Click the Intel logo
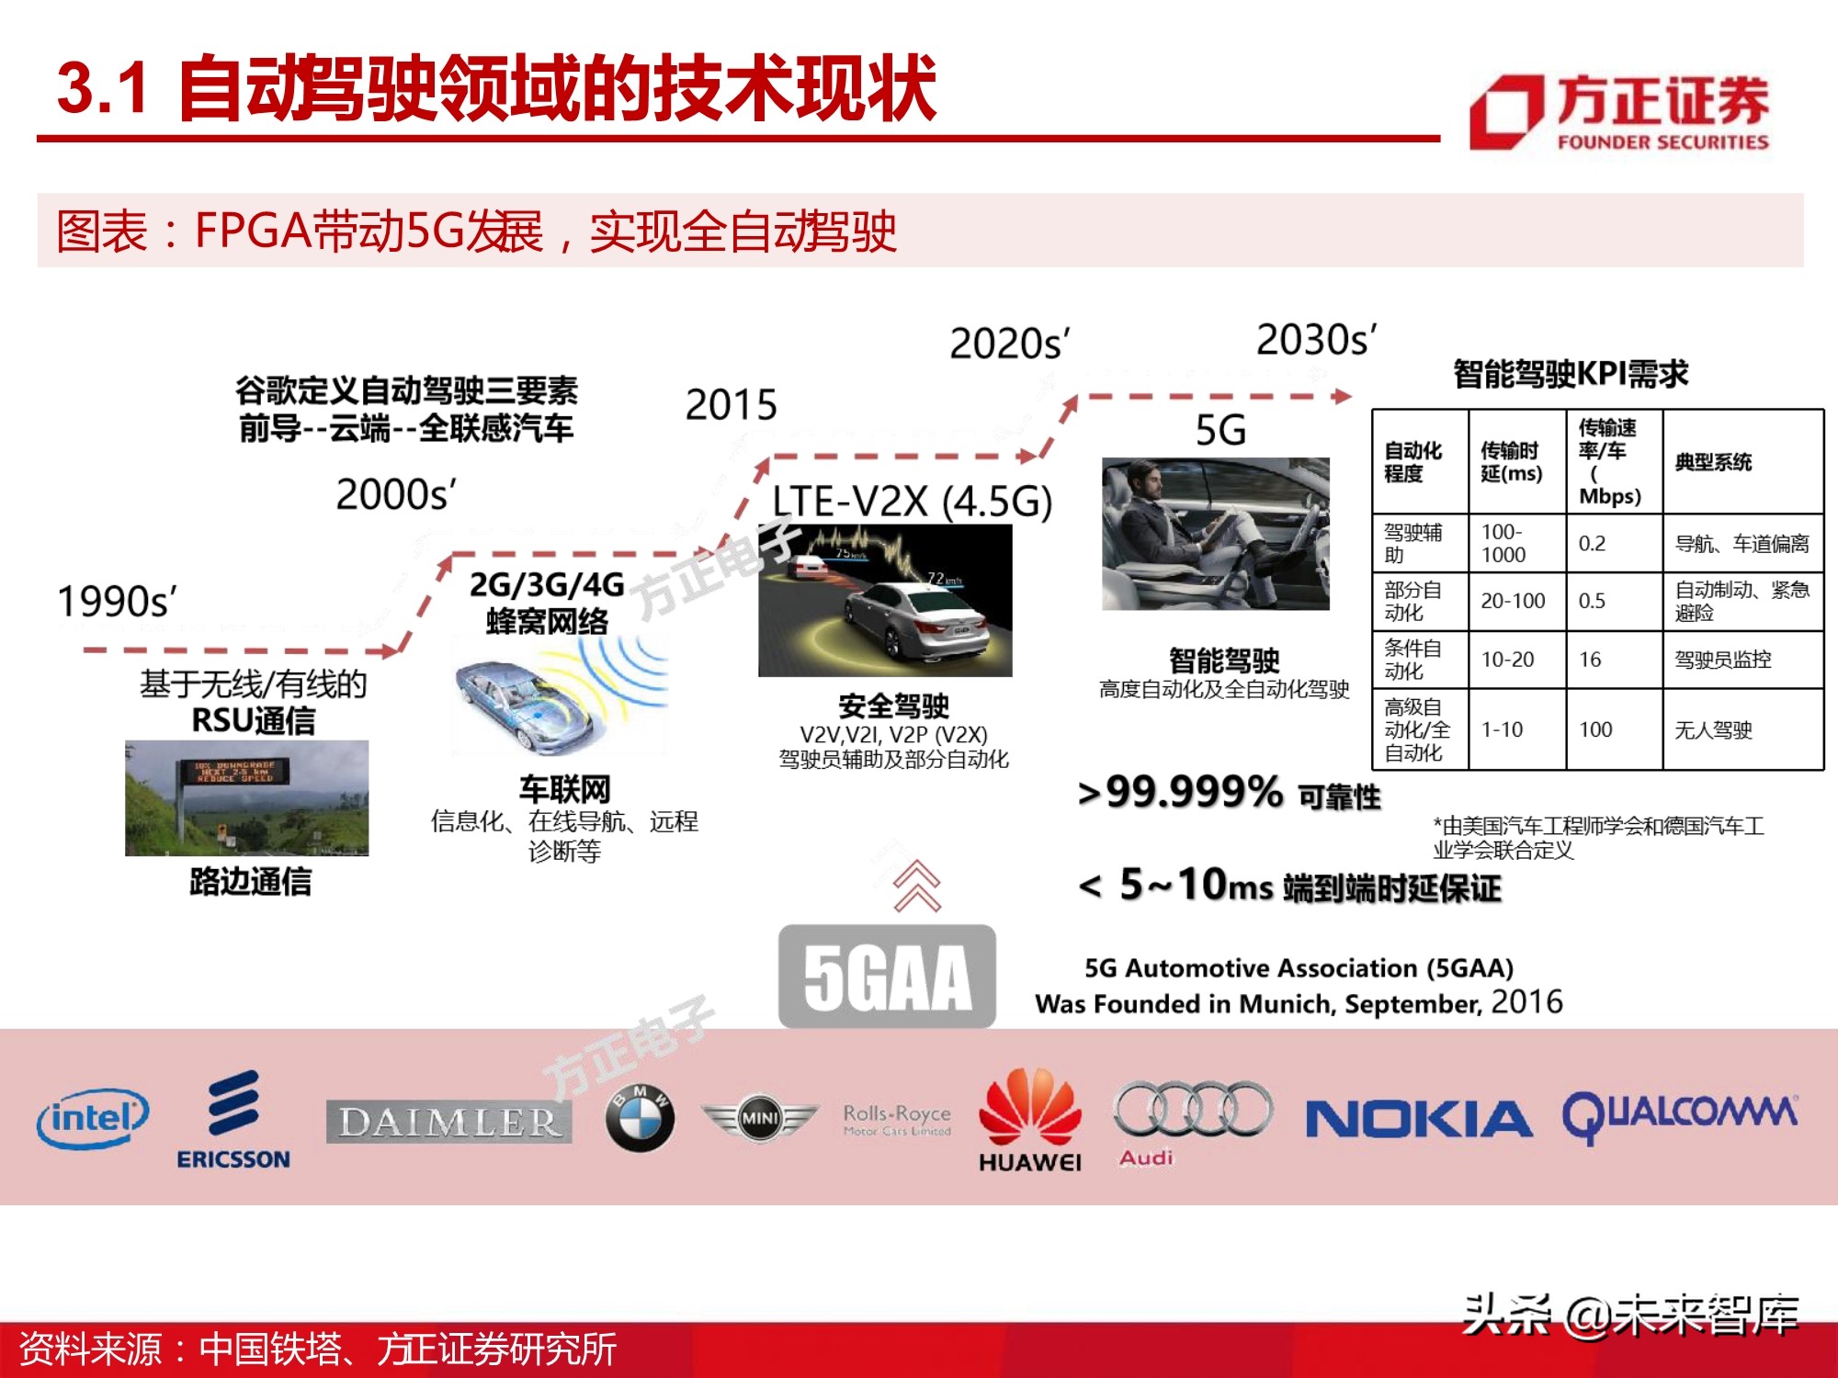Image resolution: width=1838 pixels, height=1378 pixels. (x=93, y=1119)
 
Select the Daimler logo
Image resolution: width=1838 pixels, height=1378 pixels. (x=448, y=1122)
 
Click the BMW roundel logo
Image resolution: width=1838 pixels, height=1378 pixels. (x=640, y=1118)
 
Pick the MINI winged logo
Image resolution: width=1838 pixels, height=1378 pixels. (x=759, y=1119)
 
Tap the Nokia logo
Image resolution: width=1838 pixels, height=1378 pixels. (x=1418, y=1120)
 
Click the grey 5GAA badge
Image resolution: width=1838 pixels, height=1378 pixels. (x=887, y=977)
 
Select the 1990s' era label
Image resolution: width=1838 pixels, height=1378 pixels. (x=117, y=602)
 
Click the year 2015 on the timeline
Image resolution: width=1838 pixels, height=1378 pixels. (x=732, y=404)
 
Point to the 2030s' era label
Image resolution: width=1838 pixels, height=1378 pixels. (x=1316, y=340)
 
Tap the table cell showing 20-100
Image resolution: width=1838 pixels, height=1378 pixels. (x=1513, y=601)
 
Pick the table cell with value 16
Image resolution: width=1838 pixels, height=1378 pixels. (x=1590, y=660)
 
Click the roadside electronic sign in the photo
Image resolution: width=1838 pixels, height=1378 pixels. (x=234, y=771)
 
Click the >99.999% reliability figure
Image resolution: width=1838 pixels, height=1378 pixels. (x=1181, y=792)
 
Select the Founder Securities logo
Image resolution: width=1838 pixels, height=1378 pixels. (x=1618, y=113)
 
